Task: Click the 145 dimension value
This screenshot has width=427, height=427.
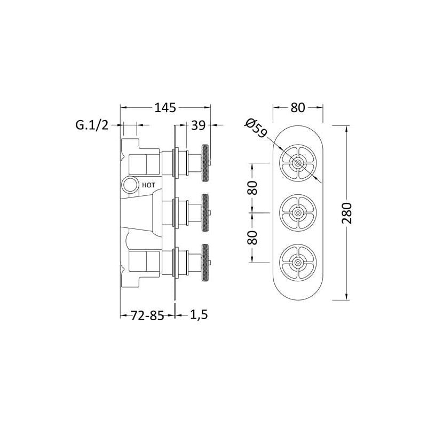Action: pos(165,108)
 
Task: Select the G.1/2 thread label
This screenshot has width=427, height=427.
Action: pos(92,125)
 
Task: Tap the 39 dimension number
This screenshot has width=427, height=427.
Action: pos(198,125)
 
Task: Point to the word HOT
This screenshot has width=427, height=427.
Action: pos(149,185)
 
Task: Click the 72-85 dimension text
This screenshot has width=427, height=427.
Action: pos(148,315)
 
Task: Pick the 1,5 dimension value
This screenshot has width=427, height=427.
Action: pos(199,315)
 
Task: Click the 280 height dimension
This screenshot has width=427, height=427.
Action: pos(347,213)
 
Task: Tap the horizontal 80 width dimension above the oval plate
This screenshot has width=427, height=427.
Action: pos(298,108)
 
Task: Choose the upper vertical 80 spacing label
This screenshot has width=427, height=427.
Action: pos(252,188)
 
